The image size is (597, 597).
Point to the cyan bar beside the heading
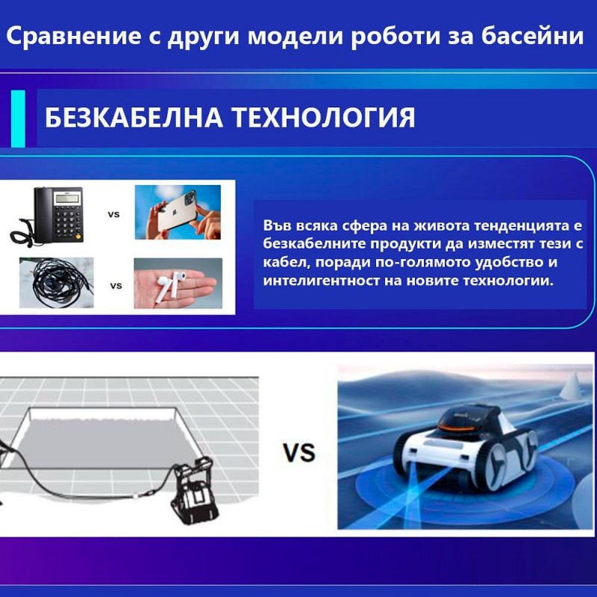18,119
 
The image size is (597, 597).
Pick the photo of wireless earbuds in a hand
178,284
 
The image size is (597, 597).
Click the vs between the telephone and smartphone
114,214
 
